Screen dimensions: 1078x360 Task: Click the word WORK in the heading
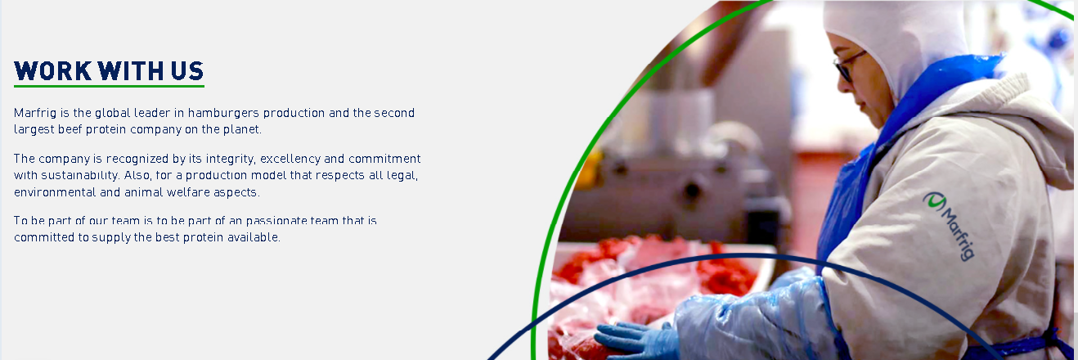[x=53, y=71]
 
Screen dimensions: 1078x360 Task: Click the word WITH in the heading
[x=131, y=71]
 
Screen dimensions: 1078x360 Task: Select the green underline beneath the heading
[x=110, y=86]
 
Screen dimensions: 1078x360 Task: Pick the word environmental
[x=55, y=192]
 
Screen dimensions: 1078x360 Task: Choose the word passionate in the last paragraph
[x=276, y=221]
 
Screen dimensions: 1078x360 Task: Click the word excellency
[x=290, y=159]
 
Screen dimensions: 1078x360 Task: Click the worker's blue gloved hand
[x=636, y=340]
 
